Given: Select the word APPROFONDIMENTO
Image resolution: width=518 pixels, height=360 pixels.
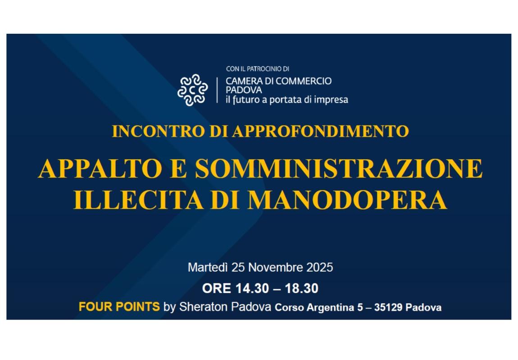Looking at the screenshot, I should [321, 131].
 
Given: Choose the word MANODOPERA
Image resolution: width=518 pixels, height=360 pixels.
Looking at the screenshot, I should [347, 200].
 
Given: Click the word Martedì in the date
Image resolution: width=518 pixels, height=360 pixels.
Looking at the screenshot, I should [208, 267].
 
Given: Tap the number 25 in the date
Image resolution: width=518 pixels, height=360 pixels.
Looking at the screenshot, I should [238, 267].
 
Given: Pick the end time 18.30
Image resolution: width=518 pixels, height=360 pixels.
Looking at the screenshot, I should [301, 288].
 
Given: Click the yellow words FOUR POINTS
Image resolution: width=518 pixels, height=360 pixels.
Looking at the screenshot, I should [119, 307].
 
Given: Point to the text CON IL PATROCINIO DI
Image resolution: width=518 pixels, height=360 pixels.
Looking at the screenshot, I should [257, 69].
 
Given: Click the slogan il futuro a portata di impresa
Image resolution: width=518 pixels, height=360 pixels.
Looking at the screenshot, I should [286, 99].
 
